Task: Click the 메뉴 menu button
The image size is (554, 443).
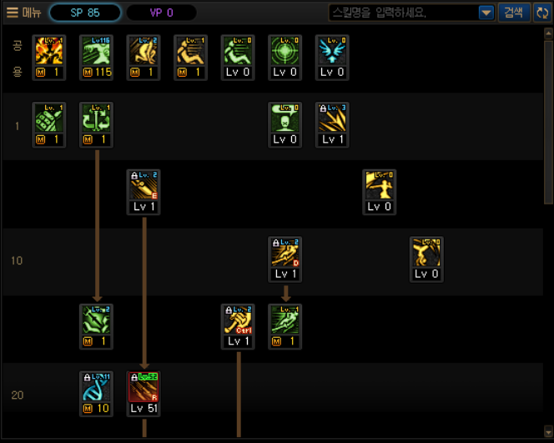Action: [23, 13]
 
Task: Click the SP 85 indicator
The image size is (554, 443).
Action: [85, 13]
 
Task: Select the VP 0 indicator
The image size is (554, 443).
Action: [161, 13]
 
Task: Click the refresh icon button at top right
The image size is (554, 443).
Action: [541, 13]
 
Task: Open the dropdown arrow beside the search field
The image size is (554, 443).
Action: [486, 13]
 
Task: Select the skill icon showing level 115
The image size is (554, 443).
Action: [96, 51]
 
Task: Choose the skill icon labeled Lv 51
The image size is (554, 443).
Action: [144, 387]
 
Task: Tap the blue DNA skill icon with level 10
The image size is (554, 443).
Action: [96, 387]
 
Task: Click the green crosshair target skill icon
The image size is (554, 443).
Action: [285, 51]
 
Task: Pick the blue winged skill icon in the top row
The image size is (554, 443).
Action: [332, 51]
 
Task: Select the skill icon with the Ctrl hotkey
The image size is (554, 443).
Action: [238, 320]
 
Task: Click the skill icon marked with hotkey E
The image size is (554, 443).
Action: [144, 185]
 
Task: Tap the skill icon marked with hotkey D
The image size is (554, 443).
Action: [285, 253]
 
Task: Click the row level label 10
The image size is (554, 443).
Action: [17, 261]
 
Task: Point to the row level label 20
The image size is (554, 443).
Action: [17, 395]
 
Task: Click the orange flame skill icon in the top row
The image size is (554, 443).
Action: [48, 51]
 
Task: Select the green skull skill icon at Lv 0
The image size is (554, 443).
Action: [285, 118]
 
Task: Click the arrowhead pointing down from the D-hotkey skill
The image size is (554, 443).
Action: [285, 298]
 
